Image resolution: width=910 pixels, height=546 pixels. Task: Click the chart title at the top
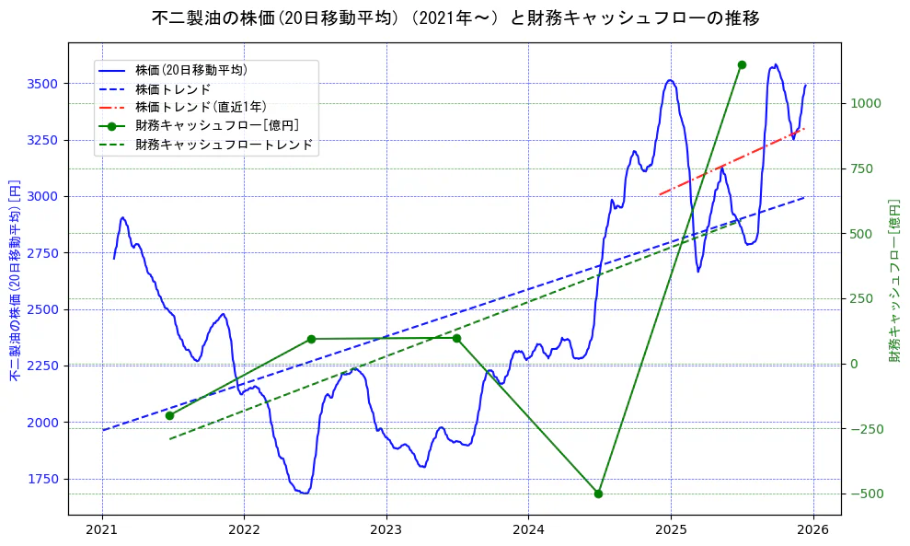point(455,18)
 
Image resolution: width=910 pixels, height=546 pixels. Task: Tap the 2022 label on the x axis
point(244,530)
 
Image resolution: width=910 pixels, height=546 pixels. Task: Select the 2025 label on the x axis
point(670,530)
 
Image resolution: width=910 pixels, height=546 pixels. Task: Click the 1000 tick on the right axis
point(866,103)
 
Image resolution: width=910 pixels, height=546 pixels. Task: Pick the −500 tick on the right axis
point(866,494)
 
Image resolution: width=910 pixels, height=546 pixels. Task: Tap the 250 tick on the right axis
point(863,298)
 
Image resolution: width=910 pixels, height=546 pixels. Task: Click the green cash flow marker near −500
point(598,494)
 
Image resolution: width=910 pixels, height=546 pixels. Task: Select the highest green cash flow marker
point(742,64)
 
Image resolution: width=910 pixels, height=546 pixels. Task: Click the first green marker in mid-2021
point(169,415)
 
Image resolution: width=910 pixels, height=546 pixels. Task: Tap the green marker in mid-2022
point(311,339)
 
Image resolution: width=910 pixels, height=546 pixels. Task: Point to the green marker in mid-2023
point(456,338)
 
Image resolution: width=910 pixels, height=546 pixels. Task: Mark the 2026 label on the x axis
point(812,530)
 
